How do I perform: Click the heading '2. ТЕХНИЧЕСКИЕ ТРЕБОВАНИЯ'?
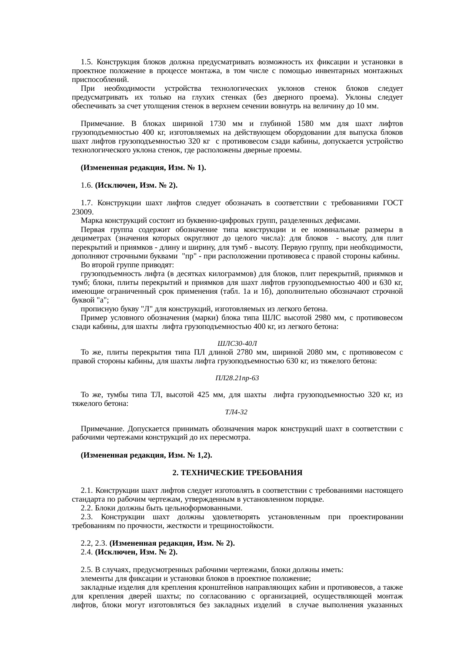point(237,473)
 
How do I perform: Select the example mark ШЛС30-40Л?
point(237,343)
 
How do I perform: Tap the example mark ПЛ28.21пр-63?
point(237,378)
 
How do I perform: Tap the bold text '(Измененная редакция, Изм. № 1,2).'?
point(146,455)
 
